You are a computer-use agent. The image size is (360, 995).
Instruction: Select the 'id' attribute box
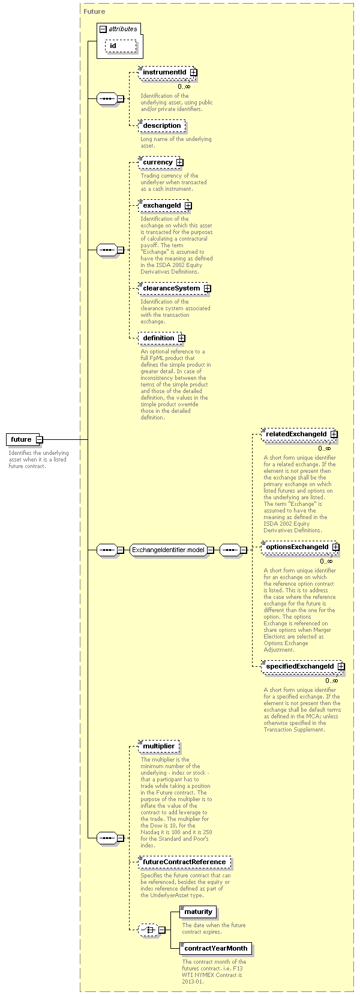(x=121, y=46)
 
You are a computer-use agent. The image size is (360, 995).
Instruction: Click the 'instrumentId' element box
(x=167, y=73)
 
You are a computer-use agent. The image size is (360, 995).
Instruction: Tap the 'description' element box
(x=161, y=125)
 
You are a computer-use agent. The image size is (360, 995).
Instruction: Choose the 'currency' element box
(x=160, y=163)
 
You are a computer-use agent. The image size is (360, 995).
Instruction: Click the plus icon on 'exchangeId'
(x=188, y=206)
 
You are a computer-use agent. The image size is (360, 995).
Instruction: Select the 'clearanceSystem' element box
(x=174, y=288)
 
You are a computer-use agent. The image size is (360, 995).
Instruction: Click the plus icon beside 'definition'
(x=182, y=338)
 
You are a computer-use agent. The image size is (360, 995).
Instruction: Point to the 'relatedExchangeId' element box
(x=299, y=434)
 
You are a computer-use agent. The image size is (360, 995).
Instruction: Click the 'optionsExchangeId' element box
(x=300, y=547)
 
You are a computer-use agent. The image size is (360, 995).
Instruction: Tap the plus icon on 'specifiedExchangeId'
(x=341, y=667)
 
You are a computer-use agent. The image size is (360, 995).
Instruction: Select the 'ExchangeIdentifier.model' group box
(x=172, y=550)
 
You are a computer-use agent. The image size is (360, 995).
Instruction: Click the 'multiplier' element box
(x=158, y=747)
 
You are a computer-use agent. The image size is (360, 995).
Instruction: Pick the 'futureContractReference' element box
(x=184, y=862)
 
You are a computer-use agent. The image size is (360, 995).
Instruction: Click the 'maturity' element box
(x=198, y=912)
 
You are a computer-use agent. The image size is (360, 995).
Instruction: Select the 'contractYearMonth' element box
(x=216, y=948)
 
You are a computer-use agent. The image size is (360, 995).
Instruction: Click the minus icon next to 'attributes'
(x=103, y=29)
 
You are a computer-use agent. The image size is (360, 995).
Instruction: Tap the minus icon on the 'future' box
(x=40, y=440)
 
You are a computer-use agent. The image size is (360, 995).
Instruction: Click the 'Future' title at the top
(x=94, y=11)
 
